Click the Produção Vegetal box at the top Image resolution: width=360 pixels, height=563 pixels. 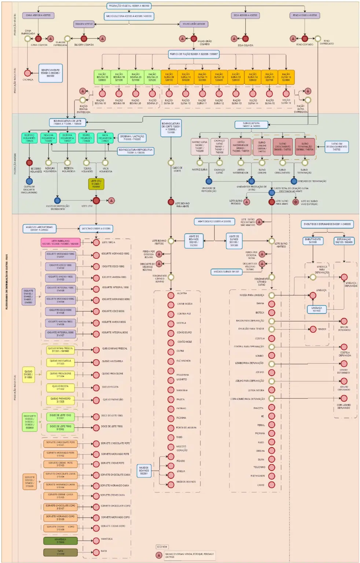click(129, 6)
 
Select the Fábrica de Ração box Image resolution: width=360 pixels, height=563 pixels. click(194, 54)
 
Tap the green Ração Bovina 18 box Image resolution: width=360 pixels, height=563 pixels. click(102, 77)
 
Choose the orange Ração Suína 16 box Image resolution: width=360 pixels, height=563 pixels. click(286, 77)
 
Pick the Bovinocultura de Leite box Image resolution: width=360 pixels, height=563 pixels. click(67, 122)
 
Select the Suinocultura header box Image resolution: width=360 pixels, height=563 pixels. click(251, 125)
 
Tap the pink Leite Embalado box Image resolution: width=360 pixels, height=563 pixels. click(60, 242)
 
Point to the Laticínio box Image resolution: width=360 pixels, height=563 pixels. click(96, 228)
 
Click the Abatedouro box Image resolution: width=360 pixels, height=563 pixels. click(214, 221)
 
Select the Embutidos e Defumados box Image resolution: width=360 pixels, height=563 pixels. click(327, 224)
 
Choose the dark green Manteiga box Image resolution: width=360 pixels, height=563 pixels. click(60, 541)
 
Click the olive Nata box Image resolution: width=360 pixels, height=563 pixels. click(60, 552)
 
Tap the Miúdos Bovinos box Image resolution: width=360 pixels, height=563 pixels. click(144, 470)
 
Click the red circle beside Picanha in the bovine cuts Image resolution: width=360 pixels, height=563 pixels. click(171, 418)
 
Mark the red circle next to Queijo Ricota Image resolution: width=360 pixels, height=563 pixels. click(96, 387)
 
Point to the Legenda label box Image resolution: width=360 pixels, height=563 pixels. click(162, 547)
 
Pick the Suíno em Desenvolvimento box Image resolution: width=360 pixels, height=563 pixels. click(336, 147)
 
